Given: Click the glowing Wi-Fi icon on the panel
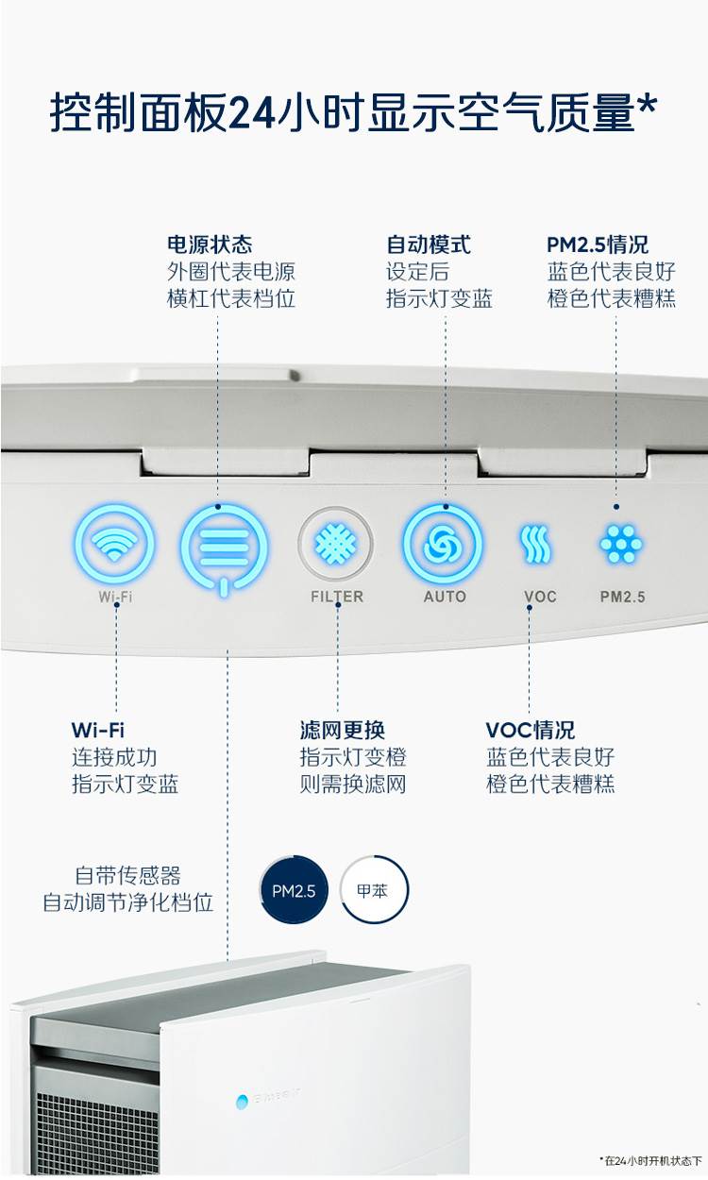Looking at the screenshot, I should [x=114, y=545].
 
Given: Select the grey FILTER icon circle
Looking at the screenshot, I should [x=336, y=545].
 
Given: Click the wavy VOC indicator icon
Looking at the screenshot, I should [x=535, y=545].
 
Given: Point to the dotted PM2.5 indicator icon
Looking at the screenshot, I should [x=622, y=545].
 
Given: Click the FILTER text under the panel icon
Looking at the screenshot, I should [x=337, y=597].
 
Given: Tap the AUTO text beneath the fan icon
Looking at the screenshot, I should [x=445, y=597].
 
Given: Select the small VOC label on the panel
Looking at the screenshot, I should [x=540, y=597].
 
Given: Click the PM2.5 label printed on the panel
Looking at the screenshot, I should [x=623, y=597].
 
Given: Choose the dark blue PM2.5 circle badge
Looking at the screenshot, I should [x=294, y=890].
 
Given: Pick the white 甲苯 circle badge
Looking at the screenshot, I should [x=374, y=890].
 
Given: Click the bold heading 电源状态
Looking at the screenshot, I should [x=210, y=245].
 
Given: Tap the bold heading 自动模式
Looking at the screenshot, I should [x=429, y=245].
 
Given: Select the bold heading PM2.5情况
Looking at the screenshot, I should [x=598, y=245].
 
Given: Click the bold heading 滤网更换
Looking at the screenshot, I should [x=343, y=731].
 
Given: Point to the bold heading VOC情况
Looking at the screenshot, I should [x=531, y=731].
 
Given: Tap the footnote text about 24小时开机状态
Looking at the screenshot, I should [x=651, y=1159].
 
